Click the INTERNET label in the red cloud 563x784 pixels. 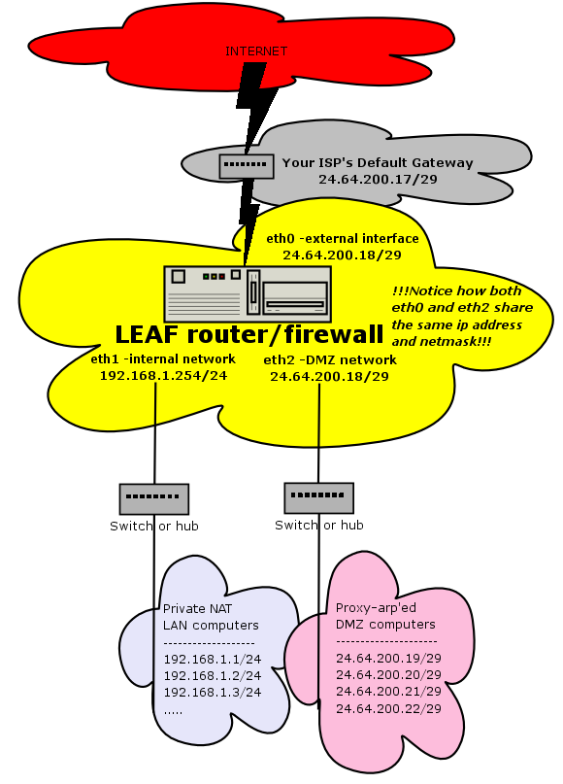pyautogui.click(x=256, y=51)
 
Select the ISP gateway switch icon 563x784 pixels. pyautogui.click(x=247, y=166)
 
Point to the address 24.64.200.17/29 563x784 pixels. pyautogui.click(x=378, y=179)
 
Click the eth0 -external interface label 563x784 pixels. pyautogui.click(x=343, y=238)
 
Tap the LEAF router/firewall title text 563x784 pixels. pyautogui.click(x=249, y=334)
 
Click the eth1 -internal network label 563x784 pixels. pyautogui.click(x=163, y=359)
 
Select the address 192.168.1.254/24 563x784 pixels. pyautogui.click(x=163, y=376)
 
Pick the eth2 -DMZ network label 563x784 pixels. pyautogui.click(x=330, y=360)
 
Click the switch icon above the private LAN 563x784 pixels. pyautogui.click(x=154, y=498)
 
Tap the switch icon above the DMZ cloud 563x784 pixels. pyautogui.click(x=318, y=497)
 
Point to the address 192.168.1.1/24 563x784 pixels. pyautogui.click(x=213, y=659)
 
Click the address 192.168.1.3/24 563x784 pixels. pyautogui.click(x=213, y=692)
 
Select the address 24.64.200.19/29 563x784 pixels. pyautogui.click(x=388, y=658)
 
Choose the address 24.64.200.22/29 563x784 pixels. pyautogui.click(x=388, y=708)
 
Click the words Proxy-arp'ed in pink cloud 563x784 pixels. pyautogui.click(x=376, y=608)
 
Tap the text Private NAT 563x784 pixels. pyautogui.click(x=197, y=608)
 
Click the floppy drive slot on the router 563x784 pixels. pyautogui.click(x=295, y=304)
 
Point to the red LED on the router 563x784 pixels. pyautogui.click(x=221, y=276)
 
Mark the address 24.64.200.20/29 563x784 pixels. pyautogui.click(x=388, y=675)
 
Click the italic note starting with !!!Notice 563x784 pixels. pyautogui.click(x=462, y=316)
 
